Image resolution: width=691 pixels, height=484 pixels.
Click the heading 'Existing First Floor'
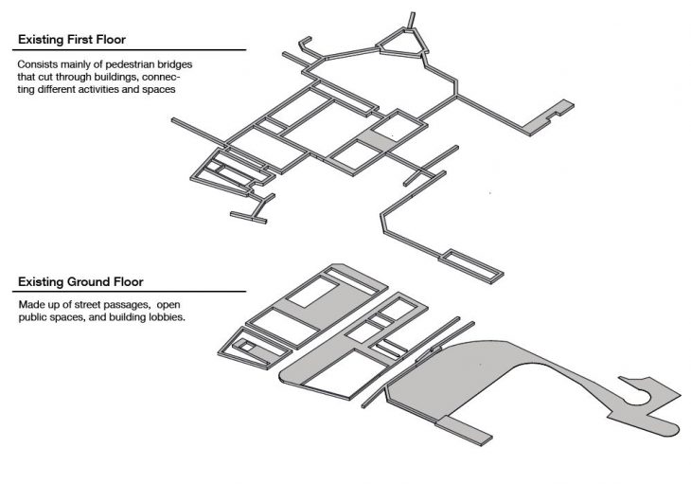coord(72,40)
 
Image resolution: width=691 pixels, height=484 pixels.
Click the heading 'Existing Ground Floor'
coord(80,282)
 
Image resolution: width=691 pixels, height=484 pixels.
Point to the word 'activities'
coord(112,89)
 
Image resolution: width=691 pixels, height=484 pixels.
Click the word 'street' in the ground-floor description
coord(89,305)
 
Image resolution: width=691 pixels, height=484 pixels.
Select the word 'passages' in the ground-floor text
coord(127,306)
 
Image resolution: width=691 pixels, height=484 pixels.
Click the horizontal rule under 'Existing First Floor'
coord(129,50)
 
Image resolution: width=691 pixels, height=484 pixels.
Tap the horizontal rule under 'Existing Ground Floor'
coord(129,292)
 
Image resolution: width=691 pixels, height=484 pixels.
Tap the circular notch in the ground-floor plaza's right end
coord(638,396)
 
